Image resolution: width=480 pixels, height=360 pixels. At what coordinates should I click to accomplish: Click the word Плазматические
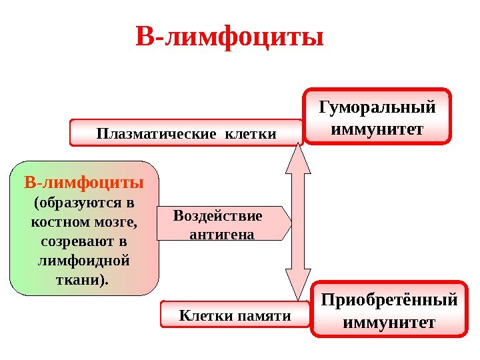coord(156,134)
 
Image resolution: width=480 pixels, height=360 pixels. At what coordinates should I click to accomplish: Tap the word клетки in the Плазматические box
coord(251,134)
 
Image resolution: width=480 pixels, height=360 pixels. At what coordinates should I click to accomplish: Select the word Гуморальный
coord(377,107)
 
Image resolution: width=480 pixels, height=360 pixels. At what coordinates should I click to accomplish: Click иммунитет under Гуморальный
coord(377,127)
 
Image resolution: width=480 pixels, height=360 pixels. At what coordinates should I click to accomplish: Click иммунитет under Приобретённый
coord(389,322)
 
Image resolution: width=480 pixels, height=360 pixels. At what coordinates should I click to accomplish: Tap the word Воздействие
coord(217,216)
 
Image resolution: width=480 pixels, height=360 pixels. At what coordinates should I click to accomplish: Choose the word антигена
coord(222,234)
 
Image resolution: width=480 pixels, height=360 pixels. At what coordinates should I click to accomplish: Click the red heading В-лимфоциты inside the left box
coord(84,182)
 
